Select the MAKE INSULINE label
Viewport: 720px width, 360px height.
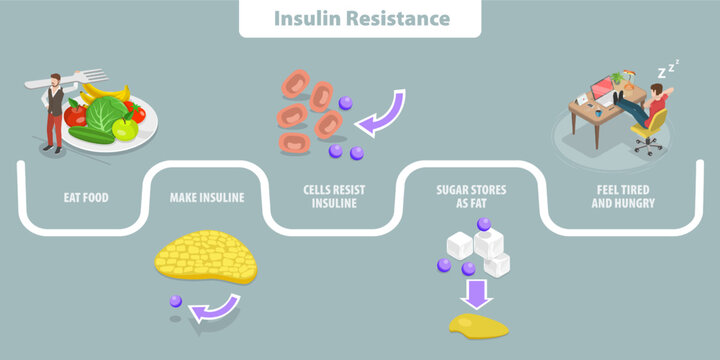(x=207, y=198)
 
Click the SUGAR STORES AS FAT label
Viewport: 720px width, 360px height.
(x=470, y=197)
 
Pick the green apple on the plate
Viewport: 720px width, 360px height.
(x=125, y=128)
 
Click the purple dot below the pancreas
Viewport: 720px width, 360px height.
(x=176, y=300)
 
